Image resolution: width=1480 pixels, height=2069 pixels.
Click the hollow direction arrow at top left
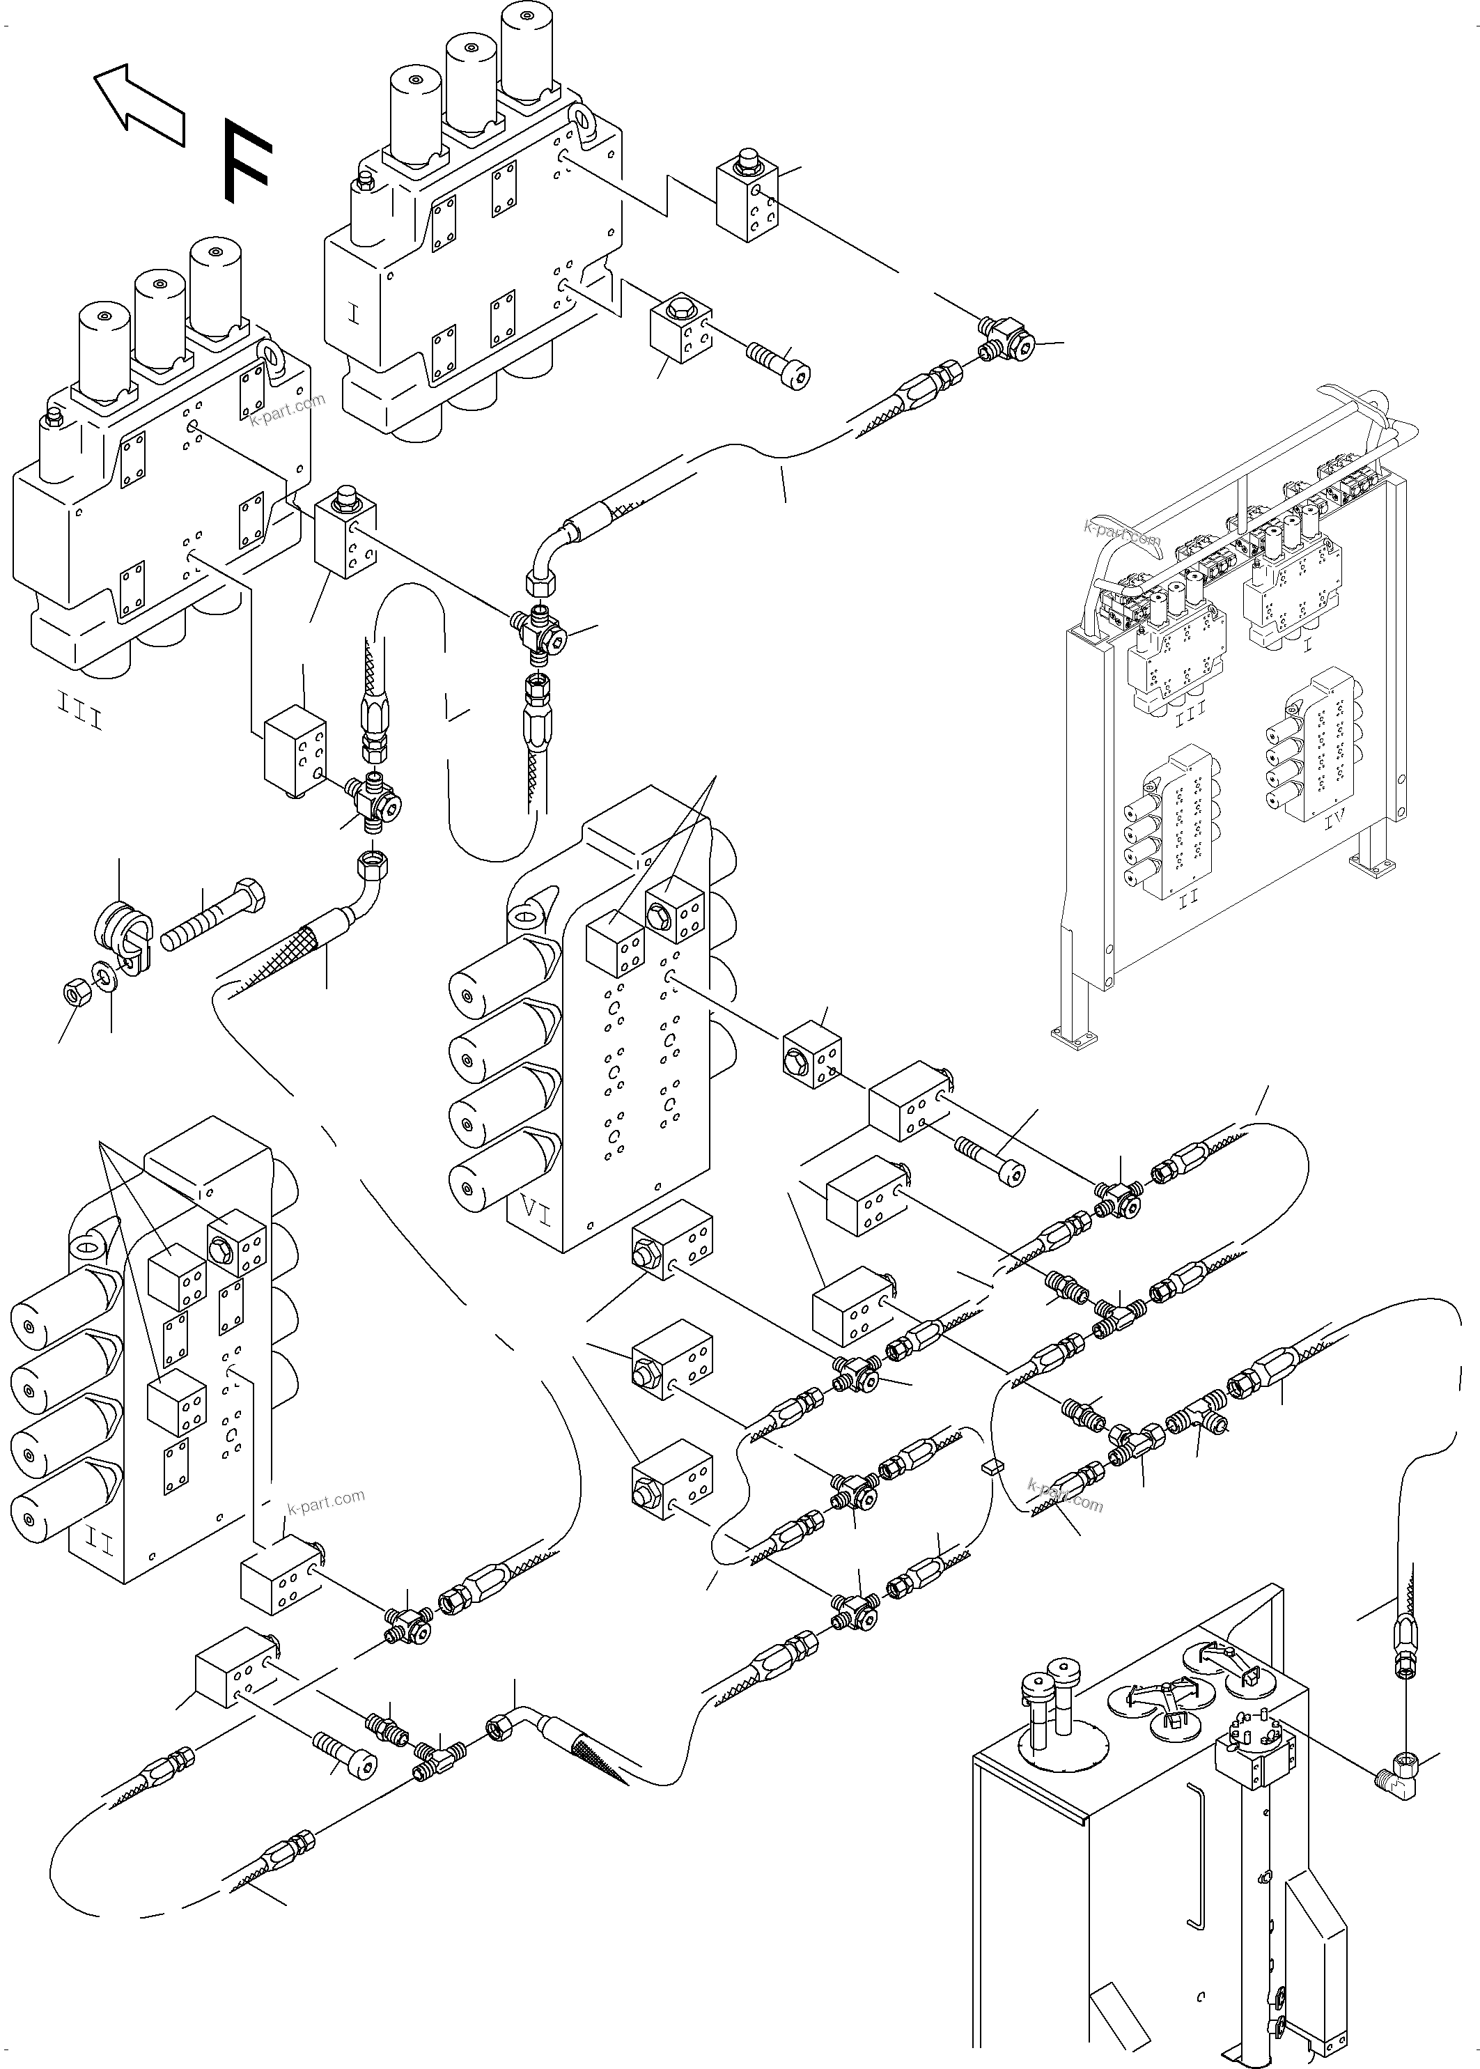click(x=139, y=104)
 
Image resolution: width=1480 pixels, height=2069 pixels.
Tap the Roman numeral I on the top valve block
click(x=355, y=316)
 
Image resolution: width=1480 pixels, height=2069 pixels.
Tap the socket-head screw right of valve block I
click(x=779, y=366)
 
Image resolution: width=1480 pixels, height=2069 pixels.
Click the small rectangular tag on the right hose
click(x=992, y=1466)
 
